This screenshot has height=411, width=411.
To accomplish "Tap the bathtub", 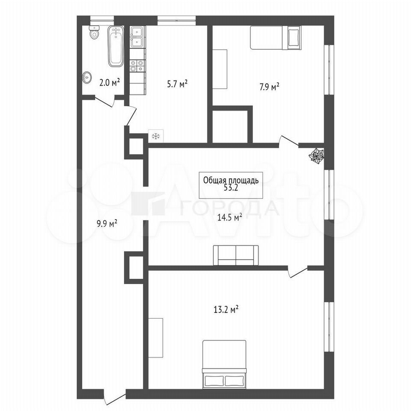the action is [x=116, y=46].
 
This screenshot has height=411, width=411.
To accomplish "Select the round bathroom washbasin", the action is [x=87, y=77].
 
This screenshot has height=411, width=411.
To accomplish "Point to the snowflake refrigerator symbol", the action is [x=156, y=136].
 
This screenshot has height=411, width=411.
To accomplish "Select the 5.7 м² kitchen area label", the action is [x=177, y=84].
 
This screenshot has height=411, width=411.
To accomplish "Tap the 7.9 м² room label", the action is [x=269, y=87].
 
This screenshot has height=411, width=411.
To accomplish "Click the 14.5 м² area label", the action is [x=229, y=217].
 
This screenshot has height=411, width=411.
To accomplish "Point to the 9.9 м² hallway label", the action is [x=107, y=224].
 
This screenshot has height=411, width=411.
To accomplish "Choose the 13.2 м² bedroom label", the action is [x=226, y=310].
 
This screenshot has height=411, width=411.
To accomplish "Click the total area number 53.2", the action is [x=231, y=188].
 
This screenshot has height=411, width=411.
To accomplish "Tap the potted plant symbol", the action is [x=316, y=156].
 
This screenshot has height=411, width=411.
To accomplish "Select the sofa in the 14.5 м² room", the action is [x=236, y=255].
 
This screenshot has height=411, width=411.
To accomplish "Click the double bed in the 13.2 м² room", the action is [x=224, y=364].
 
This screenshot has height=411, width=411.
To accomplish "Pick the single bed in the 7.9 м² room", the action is [x=276, y=38].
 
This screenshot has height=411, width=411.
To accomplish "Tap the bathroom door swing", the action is [x=105, y=101].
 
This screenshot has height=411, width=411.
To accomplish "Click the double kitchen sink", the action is [x=137, y=36].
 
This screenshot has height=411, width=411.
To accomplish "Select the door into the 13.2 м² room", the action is [x=298, y=271].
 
